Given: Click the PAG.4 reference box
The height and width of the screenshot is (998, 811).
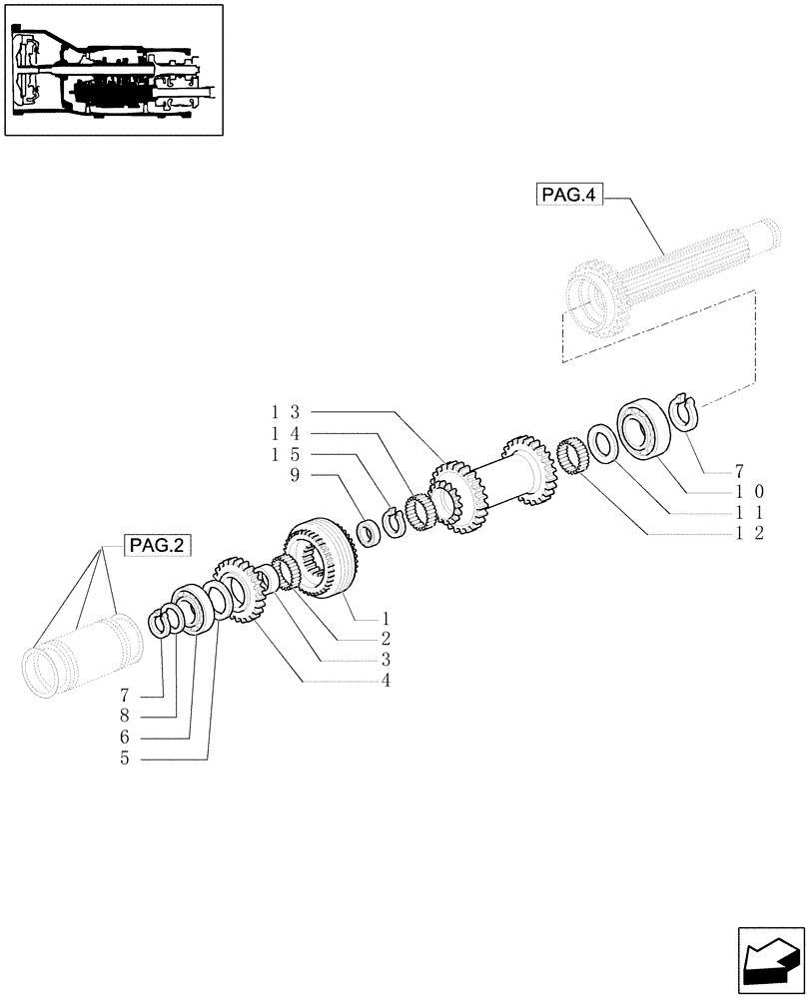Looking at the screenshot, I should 569,196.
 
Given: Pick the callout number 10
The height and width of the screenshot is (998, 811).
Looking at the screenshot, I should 750,490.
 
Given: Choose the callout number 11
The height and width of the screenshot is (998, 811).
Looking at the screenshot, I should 750,512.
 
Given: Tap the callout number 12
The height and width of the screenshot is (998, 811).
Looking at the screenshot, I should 750,534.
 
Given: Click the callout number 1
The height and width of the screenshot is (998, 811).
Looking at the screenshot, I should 385,617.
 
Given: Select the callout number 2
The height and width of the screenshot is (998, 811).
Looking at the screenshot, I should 385,638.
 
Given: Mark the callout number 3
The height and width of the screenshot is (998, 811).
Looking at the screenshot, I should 385,660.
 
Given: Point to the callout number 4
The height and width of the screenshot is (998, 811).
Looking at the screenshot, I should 385,681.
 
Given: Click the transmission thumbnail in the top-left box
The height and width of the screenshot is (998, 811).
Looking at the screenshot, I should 113,69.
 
